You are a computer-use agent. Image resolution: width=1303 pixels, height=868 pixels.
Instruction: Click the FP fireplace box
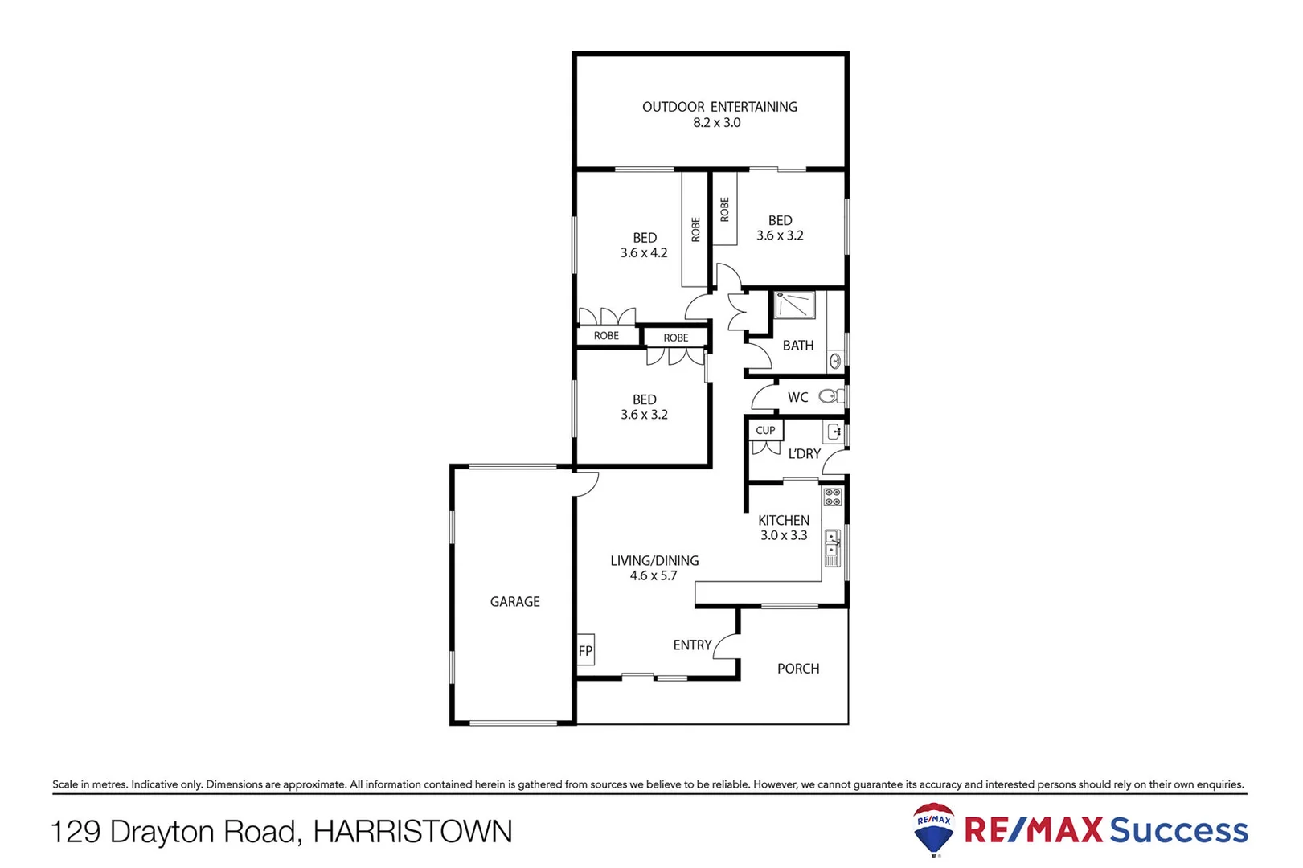(x=585, y=650)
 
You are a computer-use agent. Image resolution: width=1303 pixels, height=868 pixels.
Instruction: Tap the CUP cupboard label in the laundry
(x=765, y=430)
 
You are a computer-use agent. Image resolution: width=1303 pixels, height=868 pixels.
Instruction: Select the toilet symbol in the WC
(x=829, y=396)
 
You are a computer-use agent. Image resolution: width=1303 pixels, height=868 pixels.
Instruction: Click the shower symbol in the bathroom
(x=794, y=305)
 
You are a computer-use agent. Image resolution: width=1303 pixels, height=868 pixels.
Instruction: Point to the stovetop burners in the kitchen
(x=833, y=497)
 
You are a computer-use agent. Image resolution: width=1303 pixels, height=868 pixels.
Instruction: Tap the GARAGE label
(x=514, y=601)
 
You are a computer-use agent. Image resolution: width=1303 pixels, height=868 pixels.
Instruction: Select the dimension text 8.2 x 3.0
(x=716, y=123)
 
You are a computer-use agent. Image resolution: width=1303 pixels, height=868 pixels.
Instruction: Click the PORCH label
(x=797, y=668)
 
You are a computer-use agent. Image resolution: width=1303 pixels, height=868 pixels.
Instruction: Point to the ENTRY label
(x=691, y=645)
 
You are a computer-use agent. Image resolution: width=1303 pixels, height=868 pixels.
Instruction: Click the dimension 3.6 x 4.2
(x=643, y=252)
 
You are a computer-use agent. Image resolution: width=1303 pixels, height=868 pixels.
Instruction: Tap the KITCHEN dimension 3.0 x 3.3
(x=783, y=535)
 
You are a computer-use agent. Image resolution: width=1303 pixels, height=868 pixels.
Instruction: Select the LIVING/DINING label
(x=654, y=560)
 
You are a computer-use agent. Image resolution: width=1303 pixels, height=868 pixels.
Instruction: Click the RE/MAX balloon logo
(x=933, y=828)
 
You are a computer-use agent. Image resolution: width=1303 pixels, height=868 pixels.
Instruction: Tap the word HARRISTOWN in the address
(x=412, y=831)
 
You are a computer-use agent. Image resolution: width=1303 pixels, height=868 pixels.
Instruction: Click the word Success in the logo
(x=1178, y=829)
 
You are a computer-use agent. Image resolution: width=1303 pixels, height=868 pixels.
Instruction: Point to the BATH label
(x=797, y=345)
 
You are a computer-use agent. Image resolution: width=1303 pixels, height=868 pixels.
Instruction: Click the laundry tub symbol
(x=834, y=432)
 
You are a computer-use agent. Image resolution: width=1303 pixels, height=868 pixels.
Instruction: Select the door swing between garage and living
(x=587, y=484)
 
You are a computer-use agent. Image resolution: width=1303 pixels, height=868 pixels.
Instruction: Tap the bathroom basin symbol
(x=834, y=362)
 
